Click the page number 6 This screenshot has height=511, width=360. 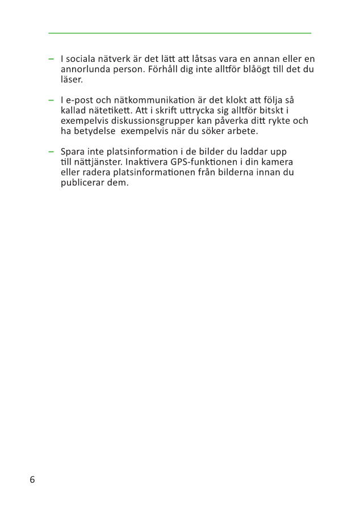click(x=32, y=480)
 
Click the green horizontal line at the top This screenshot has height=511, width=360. click(x=179, y=33)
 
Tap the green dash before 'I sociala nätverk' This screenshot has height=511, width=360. click(x=51, y=59)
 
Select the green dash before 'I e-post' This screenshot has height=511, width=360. click(x=51, y=100)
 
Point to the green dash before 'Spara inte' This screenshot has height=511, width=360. click(x=51, y=152)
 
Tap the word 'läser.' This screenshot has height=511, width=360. click(x=72, y=79)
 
